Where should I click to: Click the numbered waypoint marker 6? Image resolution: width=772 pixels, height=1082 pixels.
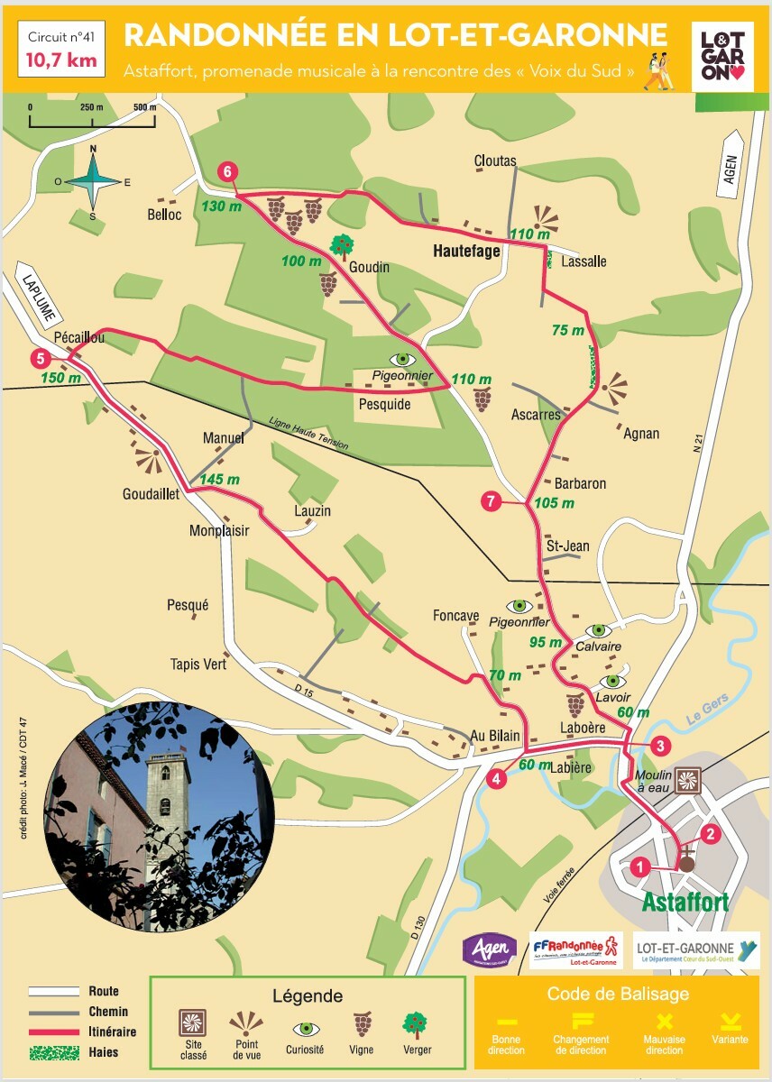pyautogui.click(x=227, y=170)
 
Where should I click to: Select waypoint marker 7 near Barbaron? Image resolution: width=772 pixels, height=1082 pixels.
pyautogui.click(x=491, y=502)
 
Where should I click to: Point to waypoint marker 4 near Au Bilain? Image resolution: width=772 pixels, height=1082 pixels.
pyautogui.click(x=495, y=778)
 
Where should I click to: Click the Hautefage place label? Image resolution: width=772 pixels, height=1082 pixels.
pyautogui.click(x=465, y=252)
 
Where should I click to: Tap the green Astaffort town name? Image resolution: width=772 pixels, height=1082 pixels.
pyautogui.click(x=685, y=903)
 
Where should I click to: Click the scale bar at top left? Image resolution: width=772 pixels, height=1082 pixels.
pyautogui.click(x=93, y=117)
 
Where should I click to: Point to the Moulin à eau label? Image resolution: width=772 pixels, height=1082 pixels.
pyautogui.click(x=653, y=782)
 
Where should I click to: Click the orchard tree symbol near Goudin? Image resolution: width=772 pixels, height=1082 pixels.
pyautogui.click(x=341, y=244)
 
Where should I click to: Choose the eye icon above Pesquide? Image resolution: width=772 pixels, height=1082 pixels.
pyautogui.click(x=403, y=359)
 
